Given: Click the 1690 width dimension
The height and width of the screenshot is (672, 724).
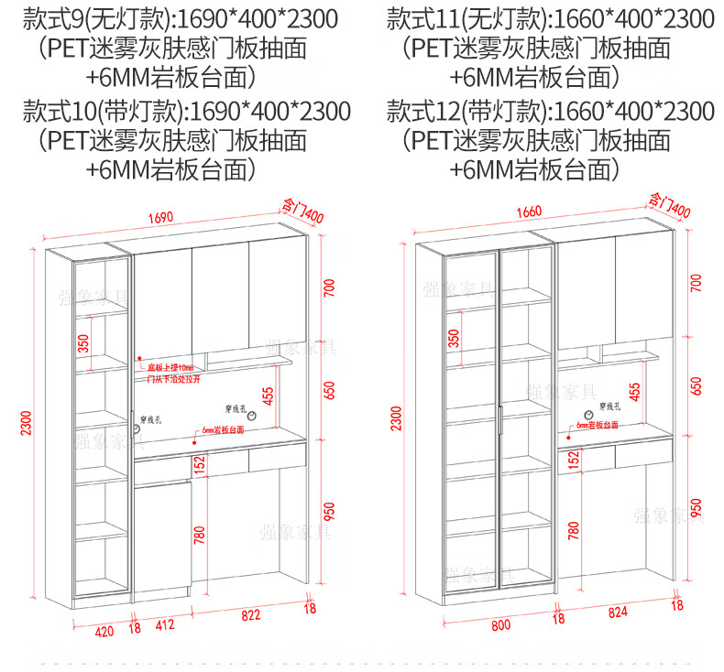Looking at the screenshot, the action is [160, 218].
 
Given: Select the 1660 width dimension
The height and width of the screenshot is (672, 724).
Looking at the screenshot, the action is [529, 211].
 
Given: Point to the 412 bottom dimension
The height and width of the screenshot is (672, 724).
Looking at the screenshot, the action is [165, 626].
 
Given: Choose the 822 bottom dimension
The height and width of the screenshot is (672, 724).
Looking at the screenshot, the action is [249, 616].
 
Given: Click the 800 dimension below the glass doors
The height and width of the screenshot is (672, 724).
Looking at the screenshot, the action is [500, 625].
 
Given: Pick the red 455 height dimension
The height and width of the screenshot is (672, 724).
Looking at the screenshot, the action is [269, 395].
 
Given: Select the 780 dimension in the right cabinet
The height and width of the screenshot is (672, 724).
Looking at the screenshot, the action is [573, 530].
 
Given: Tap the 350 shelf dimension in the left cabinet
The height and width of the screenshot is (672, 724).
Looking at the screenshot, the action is [83, 344].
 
